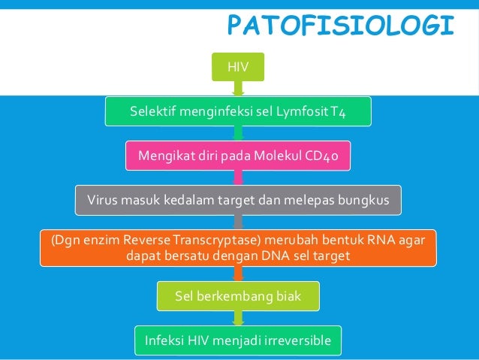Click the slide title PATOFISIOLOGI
pyautogui.click(x=340, y=26)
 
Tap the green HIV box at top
pyautogui.click(x=238, y=68)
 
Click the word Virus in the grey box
pyautogui.click(x=104, y=201)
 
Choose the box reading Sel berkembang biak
pyautogui.click(x=238, y=296)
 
